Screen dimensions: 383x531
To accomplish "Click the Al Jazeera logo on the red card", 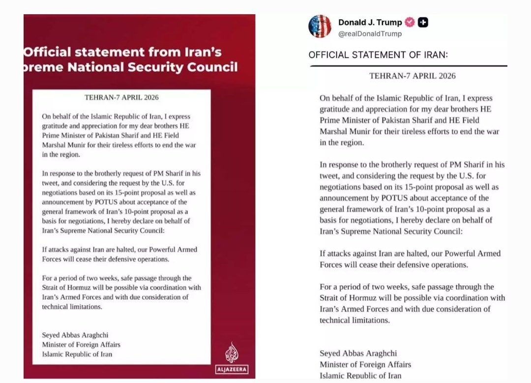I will click(x=232, y=357).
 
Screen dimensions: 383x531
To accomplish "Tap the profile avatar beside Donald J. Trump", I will click(x=320, y=26).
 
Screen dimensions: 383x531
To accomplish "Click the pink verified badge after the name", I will click(x=410, y=22).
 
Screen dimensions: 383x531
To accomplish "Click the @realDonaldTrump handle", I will click(x=370, y=34).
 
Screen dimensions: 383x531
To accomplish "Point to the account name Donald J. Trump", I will click(x=370, y=22).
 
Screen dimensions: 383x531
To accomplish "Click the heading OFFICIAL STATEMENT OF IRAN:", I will click(x=378, y=55).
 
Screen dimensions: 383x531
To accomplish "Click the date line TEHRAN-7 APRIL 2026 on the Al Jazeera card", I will click(x=122, y=98).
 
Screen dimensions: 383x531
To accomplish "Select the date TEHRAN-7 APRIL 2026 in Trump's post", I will click(x=413, y=76).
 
